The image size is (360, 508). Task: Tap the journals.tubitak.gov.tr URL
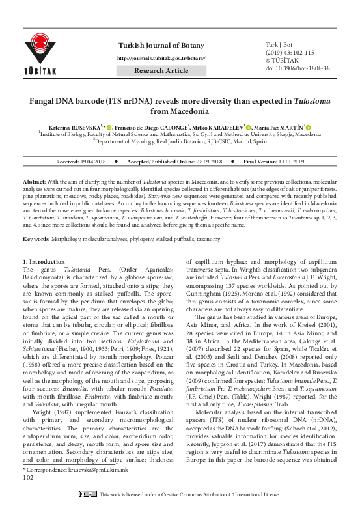tap(161, 58)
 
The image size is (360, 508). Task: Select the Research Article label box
tap(161, 70)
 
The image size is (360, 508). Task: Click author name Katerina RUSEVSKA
tap(81, 126)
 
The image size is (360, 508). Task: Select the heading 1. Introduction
tap(44, 262)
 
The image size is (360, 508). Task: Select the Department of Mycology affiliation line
tap(180, 141)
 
